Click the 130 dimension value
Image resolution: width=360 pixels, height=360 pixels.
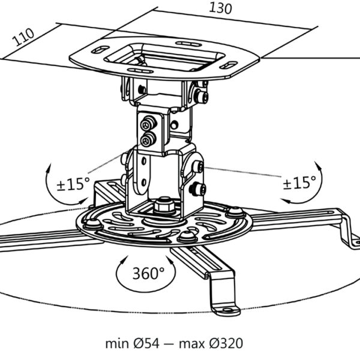[221, 8]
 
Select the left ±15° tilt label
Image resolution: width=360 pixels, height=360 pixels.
[73, 183]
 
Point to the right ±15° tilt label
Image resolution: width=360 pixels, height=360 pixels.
[300, 182]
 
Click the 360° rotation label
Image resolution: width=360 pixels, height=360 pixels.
[148, 274]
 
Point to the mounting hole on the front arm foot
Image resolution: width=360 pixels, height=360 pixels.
[229, 310]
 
